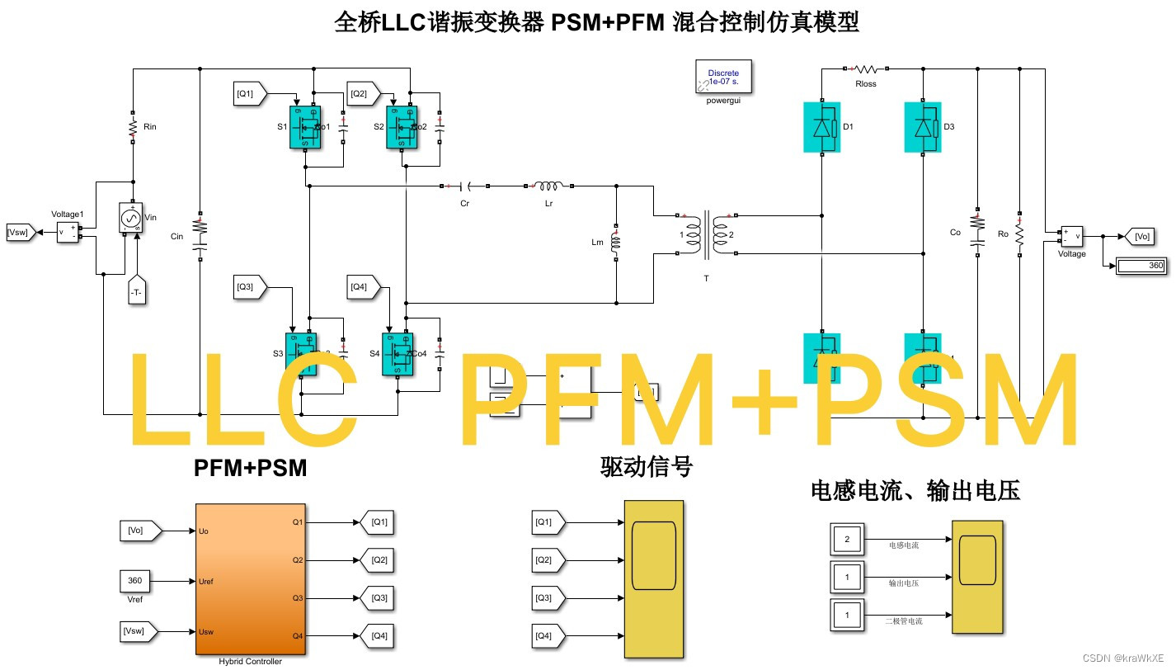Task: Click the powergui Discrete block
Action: pos(723,78)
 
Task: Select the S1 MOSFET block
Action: pos(305,127)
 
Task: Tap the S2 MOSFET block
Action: pos(402,127)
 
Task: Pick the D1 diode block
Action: pos(821,127)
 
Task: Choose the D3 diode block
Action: pos(923,127)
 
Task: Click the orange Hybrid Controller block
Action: pos(250,578)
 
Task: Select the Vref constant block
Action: pos(135,581)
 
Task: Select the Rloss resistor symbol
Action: pos(867,69)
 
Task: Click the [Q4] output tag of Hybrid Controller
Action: pos(376,635)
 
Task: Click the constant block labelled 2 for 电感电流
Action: pos(846,540)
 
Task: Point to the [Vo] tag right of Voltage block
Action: pos(1139,237)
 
